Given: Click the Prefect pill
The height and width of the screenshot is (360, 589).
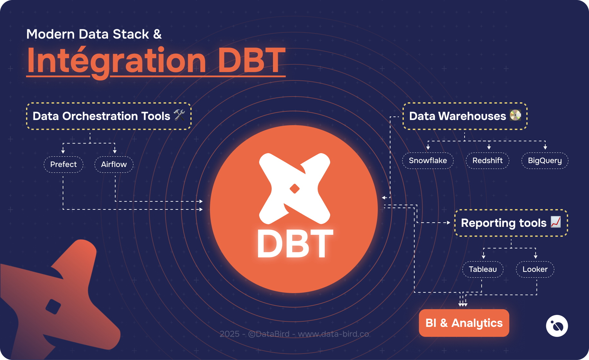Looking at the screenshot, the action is [x=63, y=164].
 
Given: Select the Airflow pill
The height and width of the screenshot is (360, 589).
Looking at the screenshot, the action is [x=114, y=164].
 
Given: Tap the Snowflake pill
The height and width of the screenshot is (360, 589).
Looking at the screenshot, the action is [x=428, y=161].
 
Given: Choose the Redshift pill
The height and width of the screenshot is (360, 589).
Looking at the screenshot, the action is [x=487, y=161].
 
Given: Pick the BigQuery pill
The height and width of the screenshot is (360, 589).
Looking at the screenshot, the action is [x=545, y=161].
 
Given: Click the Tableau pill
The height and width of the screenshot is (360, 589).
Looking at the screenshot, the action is [x=483, y=269].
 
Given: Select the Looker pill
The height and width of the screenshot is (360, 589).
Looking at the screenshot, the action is [x=535, y=269].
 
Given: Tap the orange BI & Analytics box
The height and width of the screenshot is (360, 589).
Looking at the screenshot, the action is [x=464, y=323].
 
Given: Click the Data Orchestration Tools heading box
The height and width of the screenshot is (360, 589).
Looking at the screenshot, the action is [x=109, y=116].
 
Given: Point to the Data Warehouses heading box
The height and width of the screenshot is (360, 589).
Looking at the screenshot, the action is [x=465, y=116].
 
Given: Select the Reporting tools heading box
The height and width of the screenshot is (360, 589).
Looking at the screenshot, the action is [x=511, y=223].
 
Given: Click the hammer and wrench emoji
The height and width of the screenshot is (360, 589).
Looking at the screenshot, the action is [x=179, y=115].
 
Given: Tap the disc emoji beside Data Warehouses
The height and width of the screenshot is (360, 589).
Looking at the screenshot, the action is [x=515, y=115].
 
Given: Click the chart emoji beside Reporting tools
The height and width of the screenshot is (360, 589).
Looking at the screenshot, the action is [x=556, y=222].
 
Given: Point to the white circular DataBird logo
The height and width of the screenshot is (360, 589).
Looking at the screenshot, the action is [x=557, y=326].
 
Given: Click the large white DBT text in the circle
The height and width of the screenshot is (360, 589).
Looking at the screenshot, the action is [x=295, y=245].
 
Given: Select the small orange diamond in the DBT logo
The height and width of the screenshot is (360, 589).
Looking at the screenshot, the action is [x=294, y=189].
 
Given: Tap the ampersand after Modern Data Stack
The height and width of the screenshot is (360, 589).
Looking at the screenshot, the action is [x=157, y=34].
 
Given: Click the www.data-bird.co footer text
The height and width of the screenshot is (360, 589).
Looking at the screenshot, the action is [x=333, y=334].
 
